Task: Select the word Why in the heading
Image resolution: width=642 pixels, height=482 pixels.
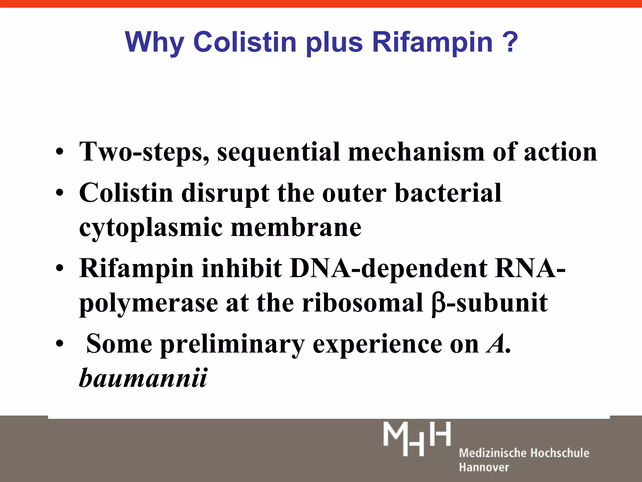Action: pyautogui.click(x=154, y=43)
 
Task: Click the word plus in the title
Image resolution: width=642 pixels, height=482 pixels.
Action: pyautogui.click(x=334, y=43)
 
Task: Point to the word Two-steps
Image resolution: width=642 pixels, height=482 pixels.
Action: pyautogui.click(x=145, y=152)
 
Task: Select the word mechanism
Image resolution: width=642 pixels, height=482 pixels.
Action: pyautogui.click(x=416, y=152)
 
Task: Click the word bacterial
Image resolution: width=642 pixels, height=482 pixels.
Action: pyautogui.click(x=448, y=193)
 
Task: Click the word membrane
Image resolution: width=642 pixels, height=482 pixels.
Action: pyautogui.click(x=296, y=227)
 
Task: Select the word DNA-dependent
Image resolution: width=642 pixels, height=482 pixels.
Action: pyautogui.click(x=389, y=269)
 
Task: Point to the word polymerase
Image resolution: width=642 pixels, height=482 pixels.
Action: pyautogui.click(x=149, y=304)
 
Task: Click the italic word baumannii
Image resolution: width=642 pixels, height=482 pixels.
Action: pyautogui.click(x=143, y=378)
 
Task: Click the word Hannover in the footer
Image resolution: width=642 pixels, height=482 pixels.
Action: pyautogui.click(x=484, y=467)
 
